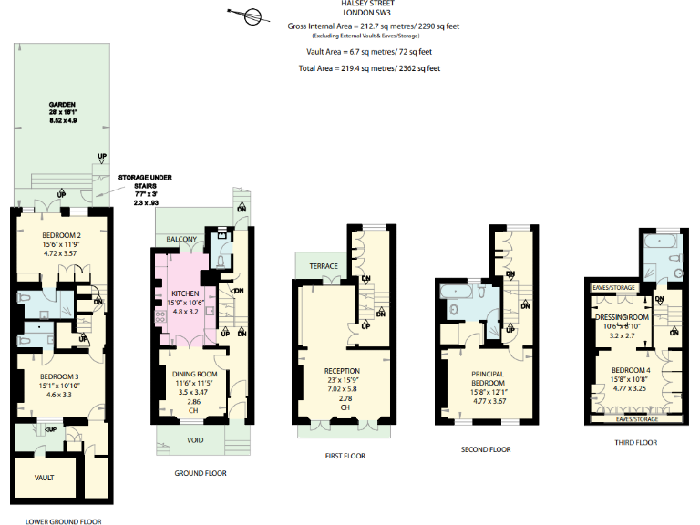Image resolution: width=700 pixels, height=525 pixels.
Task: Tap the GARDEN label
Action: (63, 105)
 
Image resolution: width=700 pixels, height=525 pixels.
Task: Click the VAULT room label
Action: (44, 477)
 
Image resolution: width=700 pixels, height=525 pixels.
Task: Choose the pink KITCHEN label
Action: (185, 293)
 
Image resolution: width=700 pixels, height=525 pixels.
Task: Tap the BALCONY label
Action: (181, 239)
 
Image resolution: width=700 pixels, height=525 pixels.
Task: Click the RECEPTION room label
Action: (342, 370)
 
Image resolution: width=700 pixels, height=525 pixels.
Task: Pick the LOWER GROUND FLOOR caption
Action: (63, 520)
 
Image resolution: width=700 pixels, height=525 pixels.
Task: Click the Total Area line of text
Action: (370, 68)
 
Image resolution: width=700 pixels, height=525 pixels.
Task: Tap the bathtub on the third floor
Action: (656, 244)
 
